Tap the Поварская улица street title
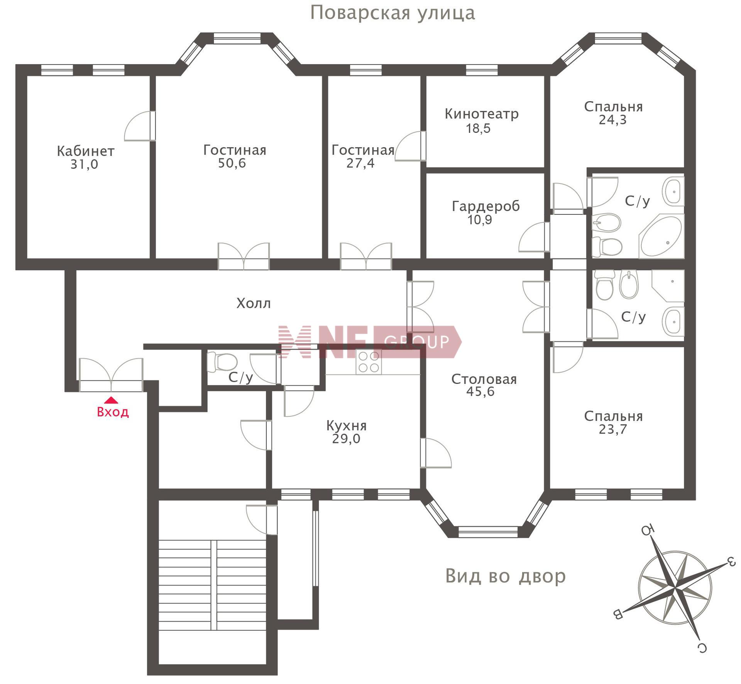pyautogui.click(x=392, y=13)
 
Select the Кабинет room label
pyautogui.click(x=86, y=151)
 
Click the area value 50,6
pyautogui.click(x=232, y=163)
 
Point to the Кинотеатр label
pyautogui.click(x=482, y=114)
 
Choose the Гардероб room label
pyautogui.click(x=486, y=207)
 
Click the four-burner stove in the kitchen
pyautogui.click(x=369, y=362)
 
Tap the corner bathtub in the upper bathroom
pyautogui.click(x=661, y=236)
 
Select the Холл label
pyautogui.click(x=254, y=303)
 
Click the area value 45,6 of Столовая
pyautogui.click(x=480, y=392)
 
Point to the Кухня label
pyautogui.click(x=347, y=426)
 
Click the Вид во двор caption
pyautogui.click(x=506, y=576)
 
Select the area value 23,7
pyautogui.click(x=613, y=429)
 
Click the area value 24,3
pyautogui.click(x=613, y=120)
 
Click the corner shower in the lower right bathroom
pyautogui.click(x=668, y=285)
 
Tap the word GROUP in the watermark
pyautogui.click(x=417, y=341)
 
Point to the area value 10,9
pyautogui.click(x=480, y=220)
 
